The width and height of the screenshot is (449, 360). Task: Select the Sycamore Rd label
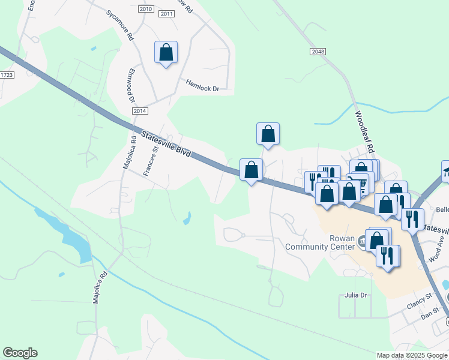coord(120,25)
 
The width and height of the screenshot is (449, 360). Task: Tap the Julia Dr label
coord(355,296)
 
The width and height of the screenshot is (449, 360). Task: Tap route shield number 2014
coord(139,111)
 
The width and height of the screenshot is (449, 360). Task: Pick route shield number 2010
coord(145,9)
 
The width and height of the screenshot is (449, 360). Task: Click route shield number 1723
coord(6,75)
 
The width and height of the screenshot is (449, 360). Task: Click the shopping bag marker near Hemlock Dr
coord(166,52)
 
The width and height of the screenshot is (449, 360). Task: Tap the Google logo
coord(20,353)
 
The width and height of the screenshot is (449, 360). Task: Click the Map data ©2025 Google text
coord(411,355)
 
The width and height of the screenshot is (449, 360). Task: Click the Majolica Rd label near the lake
coord(100,287)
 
